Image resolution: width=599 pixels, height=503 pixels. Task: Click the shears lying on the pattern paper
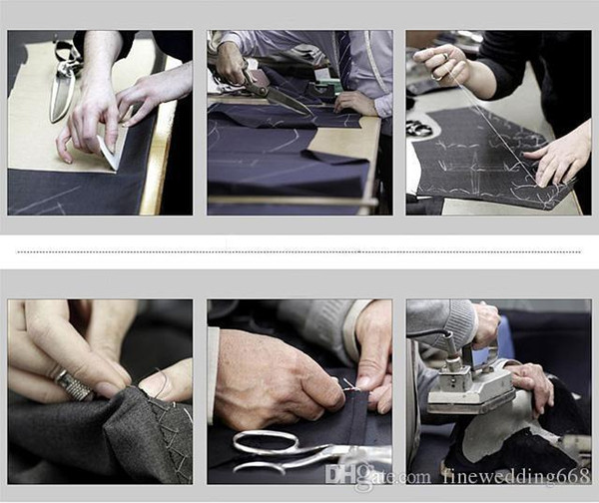click(x=64, y=82)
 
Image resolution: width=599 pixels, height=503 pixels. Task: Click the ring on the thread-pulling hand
click(x=445, y=56)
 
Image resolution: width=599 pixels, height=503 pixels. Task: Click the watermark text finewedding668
click(x=517, y=475)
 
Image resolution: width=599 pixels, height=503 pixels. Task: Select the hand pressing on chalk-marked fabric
click(x=557, y=157)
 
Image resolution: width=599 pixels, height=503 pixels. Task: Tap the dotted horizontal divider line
click(x=298, y=251)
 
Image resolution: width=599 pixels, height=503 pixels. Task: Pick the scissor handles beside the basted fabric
click(x=415, y=129)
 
